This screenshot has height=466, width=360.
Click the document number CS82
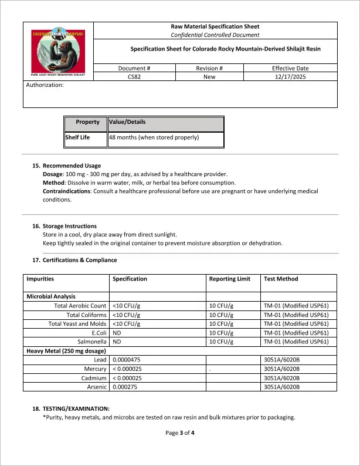(134, 76)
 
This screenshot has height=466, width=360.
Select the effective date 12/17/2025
(290, 76)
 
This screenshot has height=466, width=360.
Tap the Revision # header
(209, 68)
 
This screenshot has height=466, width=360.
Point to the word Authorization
(45, 85)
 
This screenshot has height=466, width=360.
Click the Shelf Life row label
(77, 138)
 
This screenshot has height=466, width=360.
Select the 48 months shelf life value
(154, 138)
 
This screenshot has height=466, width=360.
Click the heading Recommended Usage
(72, 166)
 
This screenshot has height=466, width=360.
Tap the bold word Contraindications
(66, 191)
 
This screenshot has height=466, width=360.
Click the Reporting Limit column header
(230, 279)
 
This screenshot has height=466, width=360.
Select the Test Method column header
(281, 279)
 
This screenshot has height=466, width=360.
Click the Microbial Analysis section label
(51, 296)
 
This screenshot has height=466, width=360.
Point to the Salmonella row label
(92, 342)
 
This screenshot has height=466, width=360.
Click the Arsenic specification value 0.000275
(128, 387)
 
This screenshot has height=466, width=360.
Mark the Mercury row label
(95, 369)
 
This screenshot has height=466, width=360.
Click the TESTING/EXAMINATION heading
(76, 408)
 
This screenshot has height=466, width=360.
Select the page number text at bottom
(180, 433)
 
